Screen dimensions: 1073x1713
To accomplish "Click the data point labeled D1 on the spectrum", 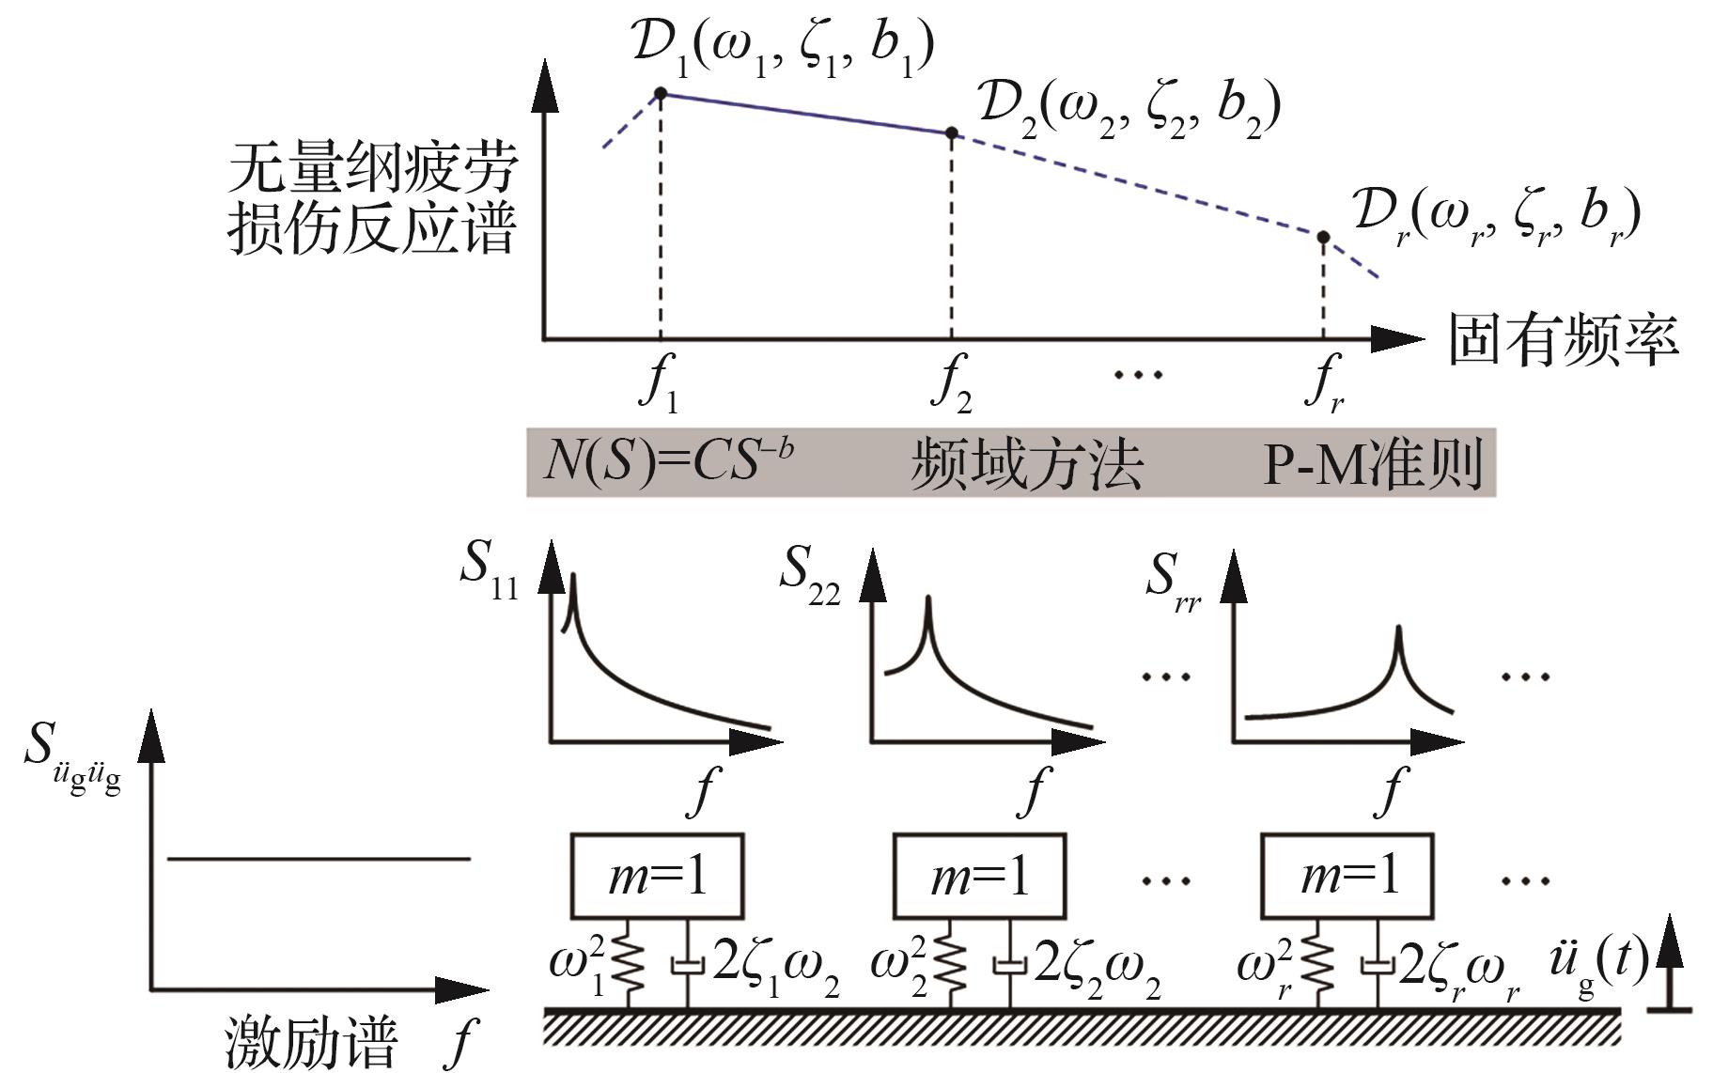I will pos(661,93).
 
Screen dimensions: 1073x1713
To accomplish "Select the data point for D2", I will pos(951,133).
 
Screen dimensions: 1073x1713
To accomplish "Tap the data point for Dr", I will pos(1323,238).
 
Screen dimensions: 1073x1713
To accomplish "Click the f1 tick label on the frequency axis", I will pos(659,386).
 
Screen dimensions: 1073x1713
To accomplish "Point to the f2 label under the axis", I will pos(951,386).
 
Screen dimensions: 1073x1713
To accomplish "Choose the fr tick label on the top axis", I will pos(1324,386).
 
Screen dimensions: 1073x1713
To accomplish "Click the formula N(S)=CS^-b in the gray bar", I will pos(668,461).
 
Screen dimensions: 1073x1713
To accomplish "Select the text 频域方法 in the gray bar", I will pos(1026,463).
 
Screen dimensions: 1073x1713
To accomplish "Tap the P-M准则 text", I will pos(1372,463).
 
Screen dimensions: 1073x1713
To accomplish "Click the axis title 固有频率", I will pos(1563,339).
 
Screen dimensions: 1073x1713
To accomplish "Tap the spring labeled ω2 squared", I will pos(951,963).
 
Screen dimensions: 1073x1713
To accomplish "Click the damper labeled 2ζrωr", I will pos(1378,966).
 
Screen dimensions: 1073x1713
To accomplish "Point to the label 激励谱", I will pos(311,1041).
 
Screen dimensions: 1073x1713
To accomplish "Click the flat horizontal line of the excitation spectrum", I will pos(319,858).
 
